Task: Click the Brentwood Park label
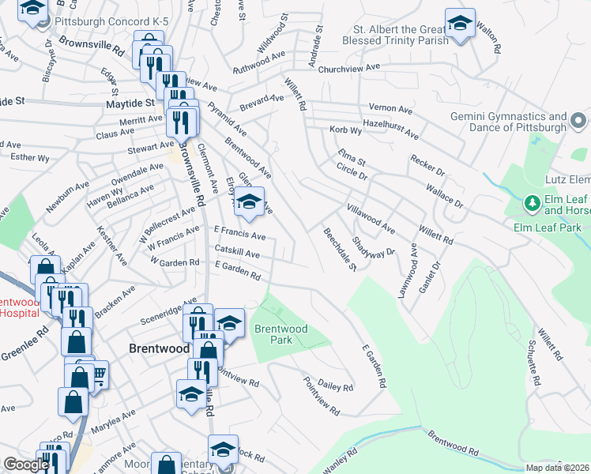tap(274, 334)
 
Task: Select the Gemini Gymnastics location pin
tap(579, 122)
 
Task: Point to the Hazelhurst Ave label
tap(390, 124)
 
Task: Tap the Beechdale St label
tap(340, 248)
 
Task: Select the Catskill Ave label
tap(237, 253)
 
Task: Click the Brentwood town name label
tap(159, 348)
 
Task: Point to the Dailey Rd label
tap(335, 387)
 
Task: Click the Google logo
tap(25, 465)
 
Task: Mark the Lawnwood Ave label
tap(412, 270)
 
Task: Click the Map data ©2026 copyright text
tap(557, 468)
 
